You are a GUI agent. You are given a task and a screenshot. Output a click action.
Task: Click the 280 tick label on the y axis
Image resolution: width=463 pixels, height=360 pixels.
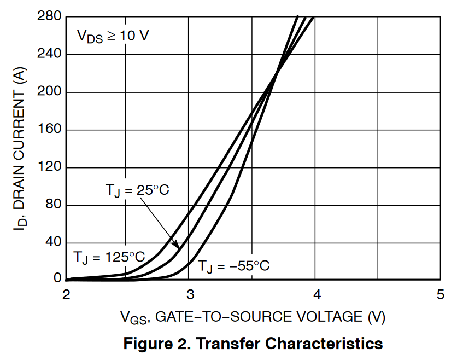pyautogui.click(x=49, y=17)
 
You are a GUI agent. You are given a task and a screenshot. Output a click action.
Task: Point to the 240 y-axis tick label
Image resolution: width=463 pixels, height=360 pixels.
pyautogui.click(x=49, y=54)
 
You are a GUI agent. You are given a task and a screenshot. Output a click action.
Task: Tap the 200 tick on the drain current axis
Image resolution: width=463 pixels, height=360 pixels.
pyautogui.click(x=49, y=92)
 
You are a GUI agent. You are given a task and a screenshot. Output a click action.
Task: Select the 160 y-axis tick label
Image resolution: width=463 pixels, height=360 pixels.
pyautogui.click(x=49, y=130)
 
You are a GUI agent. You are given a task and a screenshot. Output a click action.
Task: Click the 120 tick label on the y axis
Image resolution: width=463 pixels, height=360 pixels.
pyautogui.click(x=49, y=167)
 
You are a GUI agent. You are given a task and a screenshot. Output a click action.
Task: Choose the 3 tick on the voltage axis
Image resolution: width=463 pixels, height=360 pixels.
pyautogui.click(x=190, y=295)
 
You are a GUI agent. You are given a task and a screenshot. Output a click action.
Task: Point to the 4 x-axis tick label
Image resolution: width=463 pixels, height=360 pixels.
pyautogui.click(x=316, y=295)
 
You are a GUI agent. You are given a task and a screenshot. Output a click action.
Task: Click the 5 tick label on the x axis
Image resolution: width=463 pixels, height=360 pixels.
pyautogui.click(x=441, y=295)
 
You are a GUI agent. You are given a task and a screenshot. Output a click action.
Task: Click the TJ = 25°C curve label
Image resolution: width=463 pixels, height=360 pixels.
pyautogui.click(x=137, y=191)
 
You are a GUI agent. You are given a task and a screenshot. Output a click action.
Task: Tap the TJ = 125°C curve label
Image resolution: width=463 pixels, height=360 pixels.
pyautogui.click(x=109, y=257)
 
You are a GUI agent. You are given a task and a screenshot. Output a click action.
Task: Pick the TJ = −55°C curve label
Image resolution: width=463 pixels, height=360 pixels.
pyautogui.click(x=233, y=266)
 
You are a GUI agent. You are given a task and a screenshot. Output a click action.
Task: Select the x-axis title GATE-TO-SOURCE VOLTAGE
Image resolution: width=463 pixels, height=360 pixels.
pyautogui.click(x=254, y=317)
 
